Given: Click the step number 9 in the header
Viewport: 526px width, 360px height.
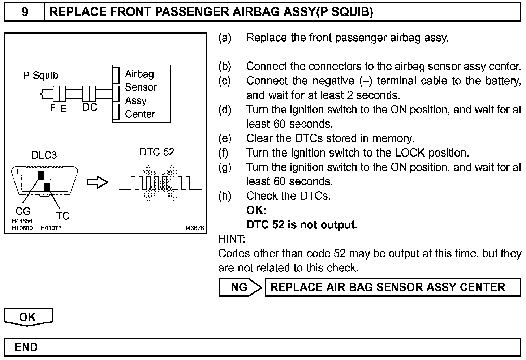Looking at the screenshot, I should click(x=25, y=12).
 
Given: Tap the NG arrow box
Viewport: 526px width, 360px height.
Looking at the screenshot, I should click(x=240, y=287).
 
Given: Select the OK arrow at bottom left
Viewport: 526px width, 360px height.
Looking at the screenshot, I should click(x=28, y=317).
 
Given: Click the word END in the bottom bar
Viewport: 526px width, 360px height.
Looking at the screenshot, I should click(x=26, y=347).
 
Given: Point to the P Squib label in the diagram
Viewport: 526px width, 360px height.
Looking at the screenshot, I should click(x=40, y=76).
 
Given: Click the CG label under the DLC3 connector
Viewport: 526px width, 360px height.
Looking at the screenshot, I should click(x=23, y=211).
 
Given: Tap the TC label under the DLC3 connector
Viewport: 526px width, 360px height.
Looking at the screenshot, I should click(x=62, y=216).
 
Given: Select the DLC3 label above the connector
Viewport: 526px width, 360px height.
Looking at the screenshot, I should click(x=44, y=155).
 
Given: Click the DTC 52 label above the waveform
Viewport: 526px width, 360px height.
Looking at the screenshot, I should click(x=157, y=152).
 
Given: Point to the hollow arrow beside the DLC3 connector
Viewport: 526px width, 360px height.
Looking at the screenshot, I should click(x=97, y=182).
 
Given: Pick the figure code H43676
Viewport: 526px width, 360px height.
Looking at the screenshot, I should click(x=193, y=228).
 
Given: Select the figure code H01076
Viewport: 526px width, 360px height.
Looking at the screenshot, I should click(x=51, y=228).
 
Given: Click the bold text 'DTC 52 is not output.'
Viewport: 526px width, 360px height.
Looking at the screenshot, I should click(x=302, y=225).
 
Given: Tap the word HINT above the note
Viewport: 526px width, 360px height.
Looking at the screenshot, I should click(x=232, y=239).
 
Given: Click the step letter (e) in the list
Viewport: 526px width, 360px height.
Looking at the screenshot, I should click(x=225, y=138).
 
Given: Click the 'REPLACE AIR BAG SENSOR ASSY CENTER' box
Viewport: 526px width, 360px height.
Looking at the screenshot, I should click(x=393, y=287).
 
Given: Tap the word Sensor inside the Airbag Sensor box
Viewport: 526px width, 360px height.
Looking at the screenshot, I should click(x=141, y=87).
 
